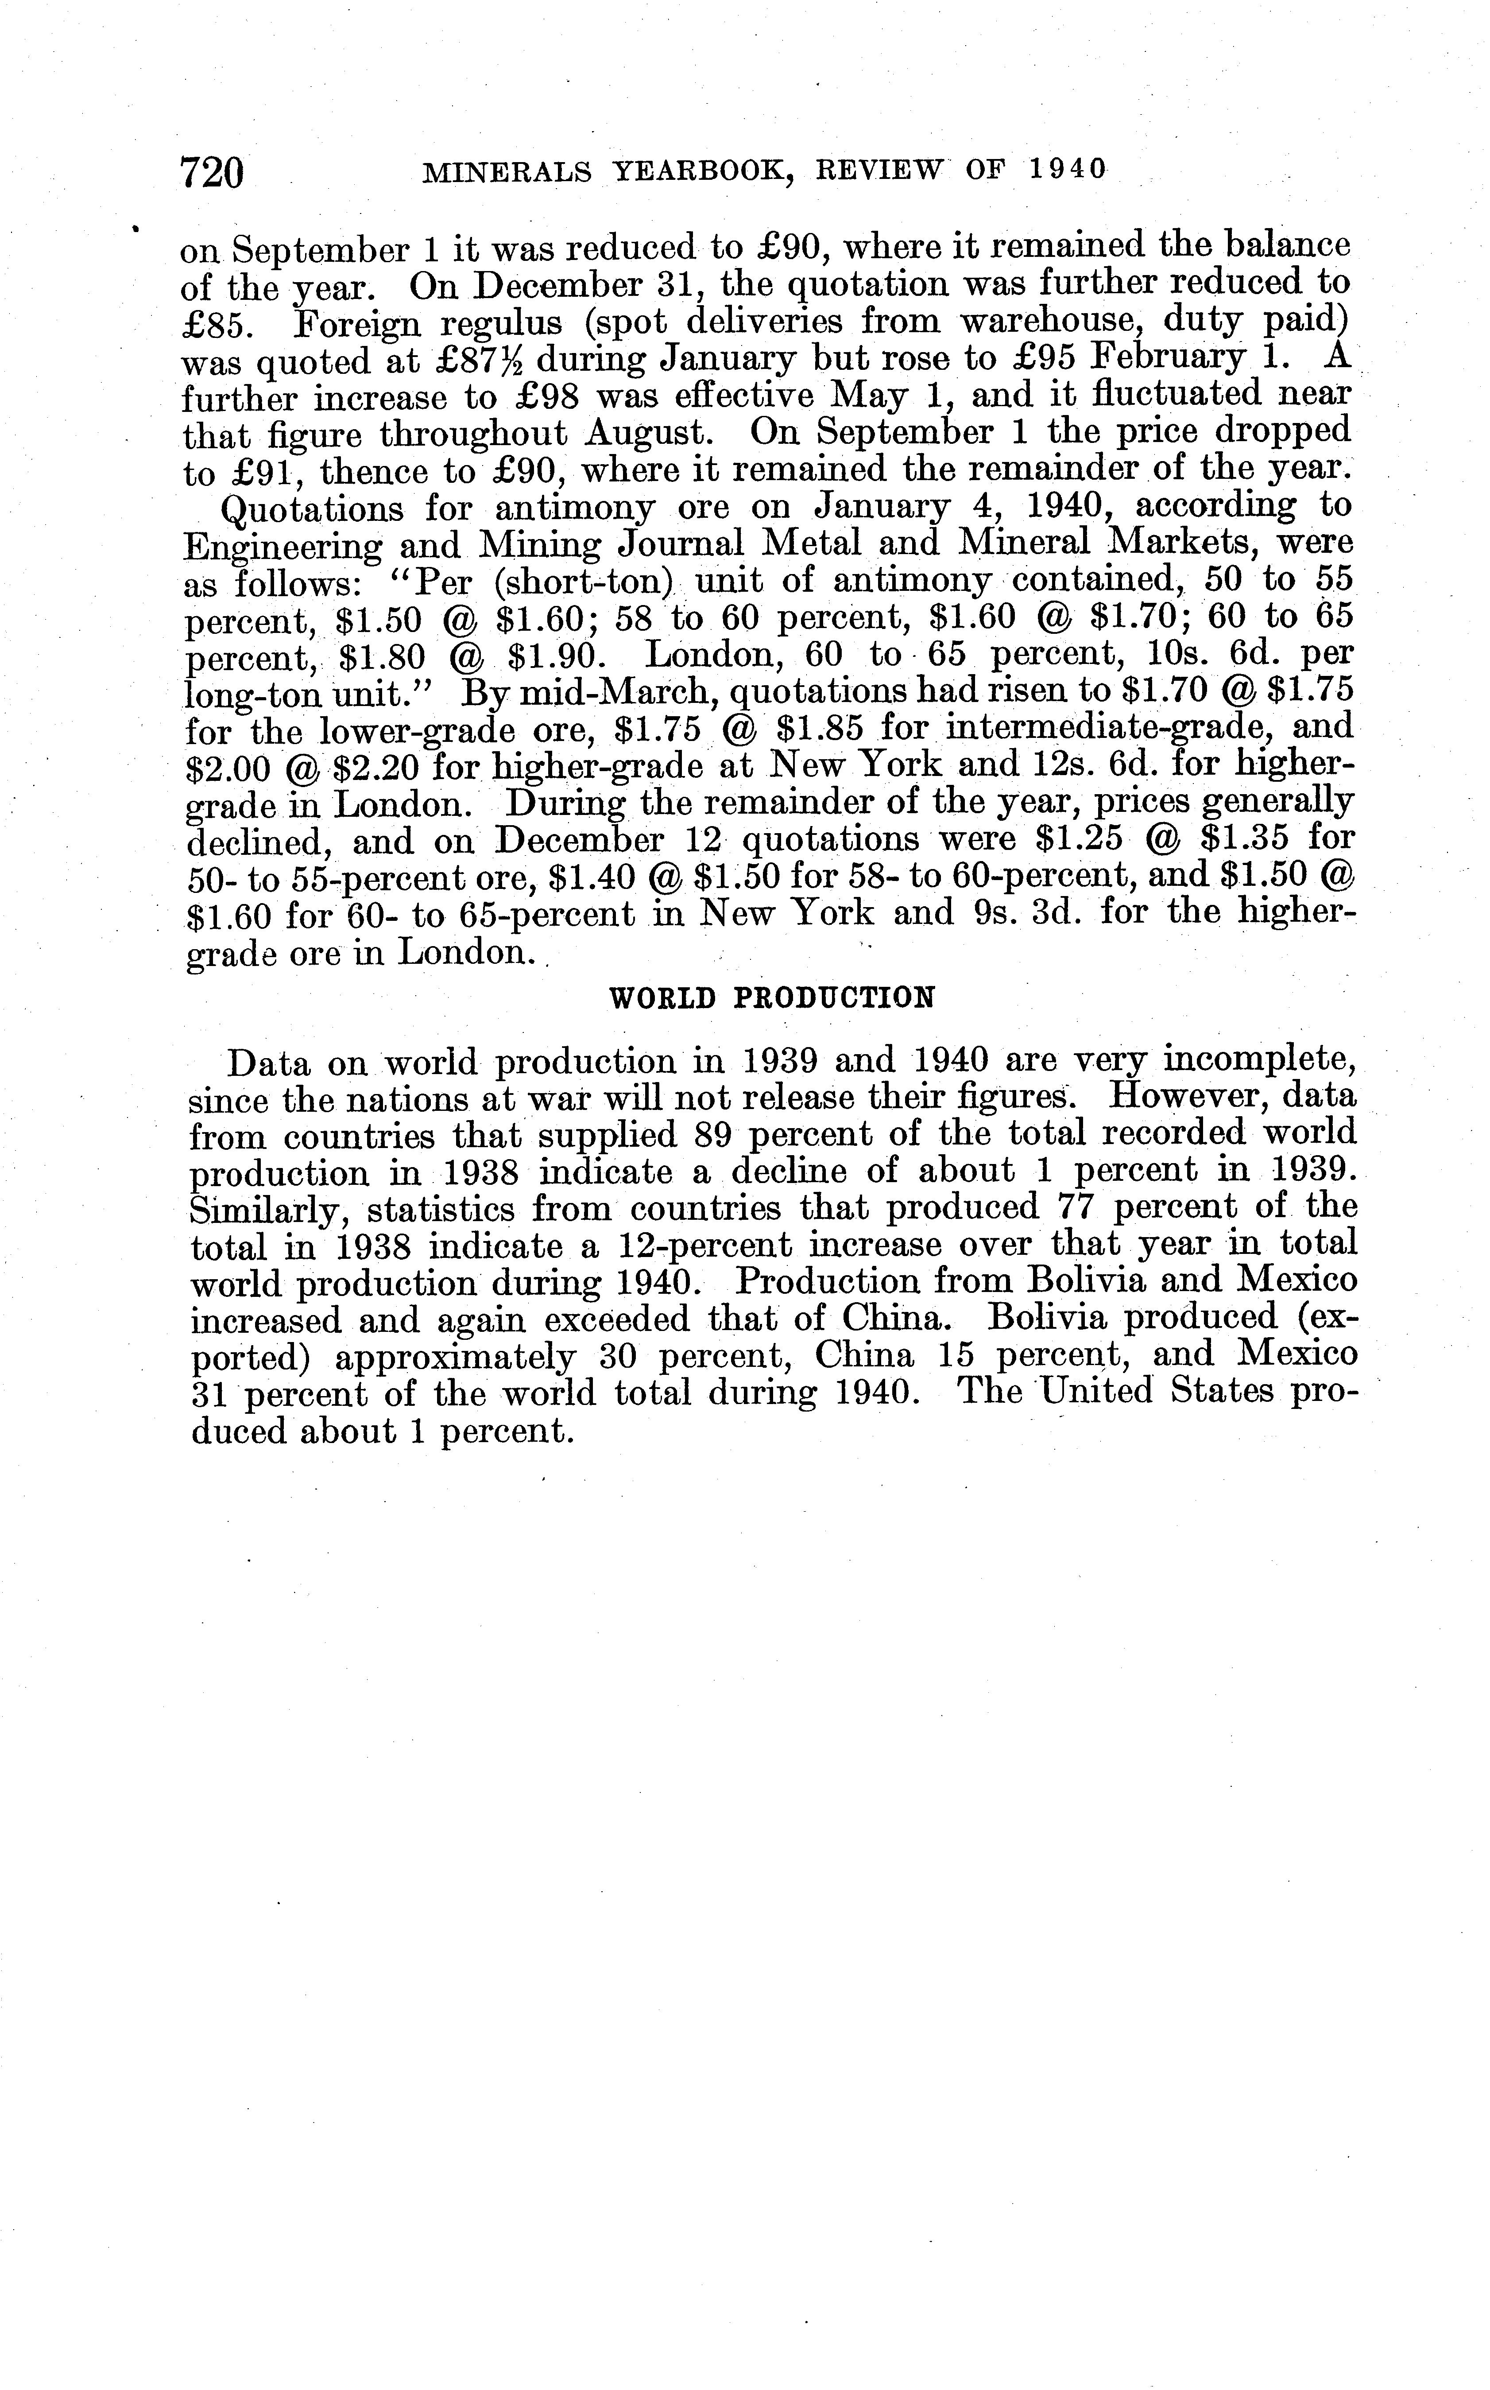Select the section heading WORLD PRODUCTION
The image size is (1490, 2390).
(772, 998)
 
